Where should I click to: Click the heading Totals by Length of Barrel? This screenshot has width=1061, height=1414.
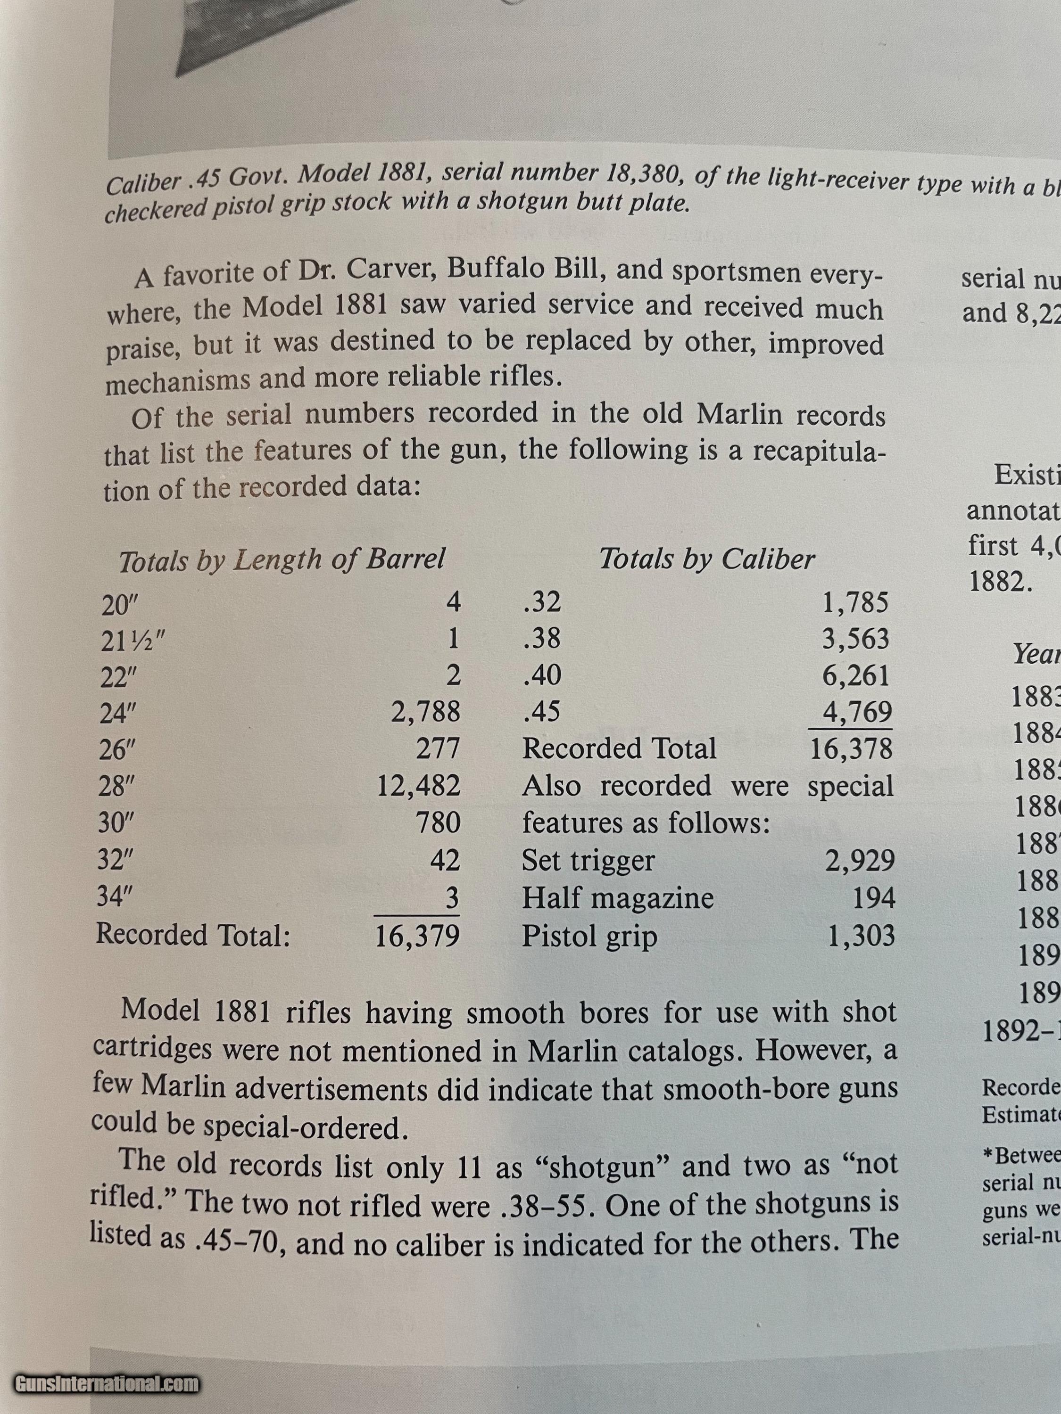pos(282,560)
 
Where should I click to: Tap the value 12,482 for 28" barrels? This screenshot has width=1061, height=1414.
pos(418,785)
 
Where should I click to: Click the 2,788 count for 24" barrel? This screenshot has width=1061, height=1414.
pos(425,711)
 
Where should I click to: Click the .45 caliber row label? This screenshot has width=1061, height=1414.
pos(541,711)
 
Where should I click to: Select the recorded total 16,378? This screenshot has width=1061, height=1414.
pos(851,748)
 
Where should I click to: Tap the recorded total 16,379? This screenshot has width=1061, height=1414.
pos(417,936)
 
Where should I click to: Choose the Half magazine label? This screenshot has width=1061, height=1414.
pos(617,898)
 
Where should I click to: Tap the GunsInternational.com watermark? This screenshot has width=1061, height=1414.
pos(107,1385)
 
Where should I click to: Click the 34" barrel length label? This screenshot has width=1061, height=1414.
pos(114,897)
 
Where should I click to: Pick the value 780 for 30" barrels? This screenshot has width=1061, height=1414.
pos(438,822)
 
